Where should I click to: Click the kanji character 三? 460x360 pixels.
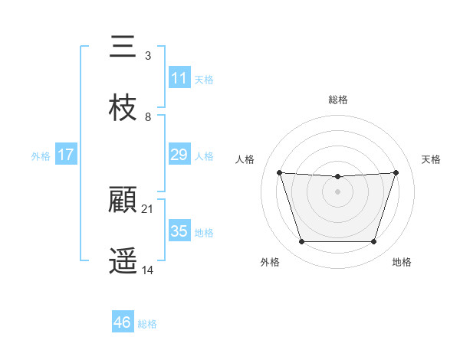click(x=123, y=47)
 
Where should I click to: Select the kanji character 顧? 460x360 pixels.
click(x=123, y=201)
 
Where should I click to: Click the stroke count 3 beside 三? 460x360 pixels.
click(x=147, y=55)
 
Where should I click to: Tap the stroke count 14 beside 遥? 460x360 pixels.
click(x=147, y=270)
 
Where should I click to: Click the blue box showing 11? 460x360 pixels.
click(x=179, y=78)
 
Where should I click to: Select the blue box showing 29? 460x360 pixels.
click(x=179, y=155)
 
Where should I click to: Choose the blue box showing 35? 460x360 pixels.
click(x=179, y=231)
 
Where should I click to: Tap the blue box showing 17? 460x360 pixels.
click(x=66, y=155)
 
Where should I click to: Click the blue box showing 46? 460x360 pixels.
click(x=123, y=322)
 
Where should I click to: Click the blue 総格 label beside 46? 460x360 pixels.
click(x=147, y=324)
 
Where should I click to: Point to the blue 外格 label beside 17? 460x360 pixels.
click(x=41, y=155)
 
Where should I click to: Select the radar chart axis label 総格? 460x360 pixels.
click(x=338, y=100)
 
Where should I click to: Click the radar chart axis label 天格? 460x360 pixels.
click(x=432, y=159)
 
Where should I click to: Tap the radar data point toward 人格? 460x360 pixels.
click(x=279, y=172)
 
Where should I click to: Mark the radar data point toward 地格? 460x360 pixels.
click(x=373, y=242)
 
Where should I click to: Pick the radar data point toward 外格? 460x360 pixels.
click(x=301, y=242)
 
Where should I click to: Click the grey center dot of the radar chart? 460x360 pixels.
click(x=337, y=191)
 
